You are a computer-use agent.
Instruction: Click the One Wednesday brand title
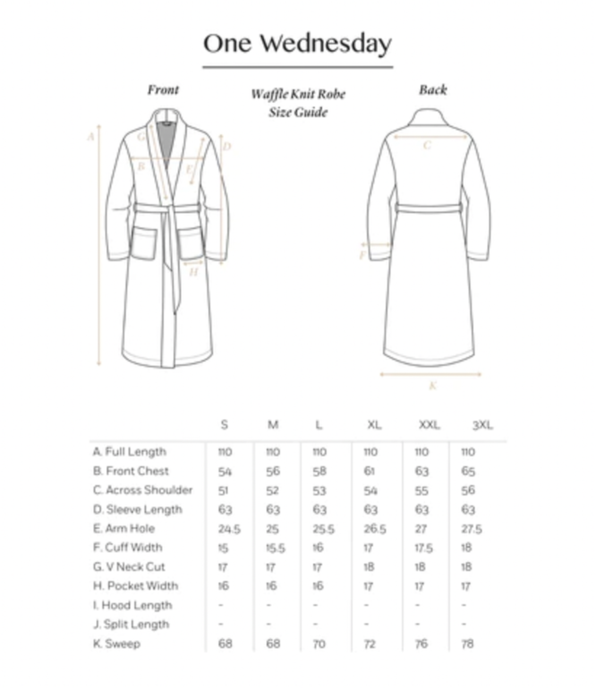pyautogui.click(x=298, y=43)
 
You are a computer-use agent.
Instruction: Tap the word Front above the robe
pyautogui.click(x=163, y=90)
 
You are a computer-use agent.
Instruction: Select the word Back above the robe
pyautogui.click(x=433, y=90)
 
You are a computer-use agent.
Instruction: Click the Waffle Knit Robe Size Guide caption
pyautogui.click(x=298, y=103)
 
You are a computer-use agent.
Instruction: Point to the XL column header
pyautogui.click(x=374, y=425)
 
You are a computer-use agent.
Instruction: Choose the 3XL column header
pyautogui.click(x=482, y=425)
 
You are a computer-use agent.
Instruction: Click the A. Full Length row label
pyautogui.click(x=130, y=452)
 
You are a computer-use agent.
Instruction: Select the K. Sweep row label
pyautogui.click(x=117, y=644)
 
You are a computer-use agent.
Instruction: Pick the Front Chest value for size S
pyautogui.click(x=225, y=471)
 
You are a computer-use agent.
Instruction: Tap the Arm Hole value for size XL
pyautogui.click(x=374, y=529)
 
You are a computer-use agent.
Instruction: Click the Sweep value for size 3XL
pyautogui.click(x=467, y=644)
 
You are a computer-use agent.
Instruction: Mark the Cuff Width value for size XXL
pyautogui.click(x=424, y=548)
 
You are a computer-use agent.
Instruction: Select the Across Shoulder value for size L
pyautogui.click(x=319, y=491)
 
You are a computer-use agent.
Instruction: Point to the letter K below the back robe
pyautogui.click(x=433, y=385)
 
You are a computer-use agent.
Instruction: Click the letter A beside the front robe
pyautogui.click(x=90, y=137)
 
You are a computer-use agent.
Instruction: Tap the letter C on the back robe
pyautogui.click(x=427, y=145)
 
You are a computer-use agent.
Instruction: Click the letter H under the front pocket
pyautogui.click(x=194, y=272)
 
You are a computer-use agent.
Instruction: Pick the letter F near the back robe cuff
pyautogui.click(x=363, y=256)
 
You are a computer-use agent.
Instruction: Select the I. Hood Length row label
pyautogui.click(x=133, y=605)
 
